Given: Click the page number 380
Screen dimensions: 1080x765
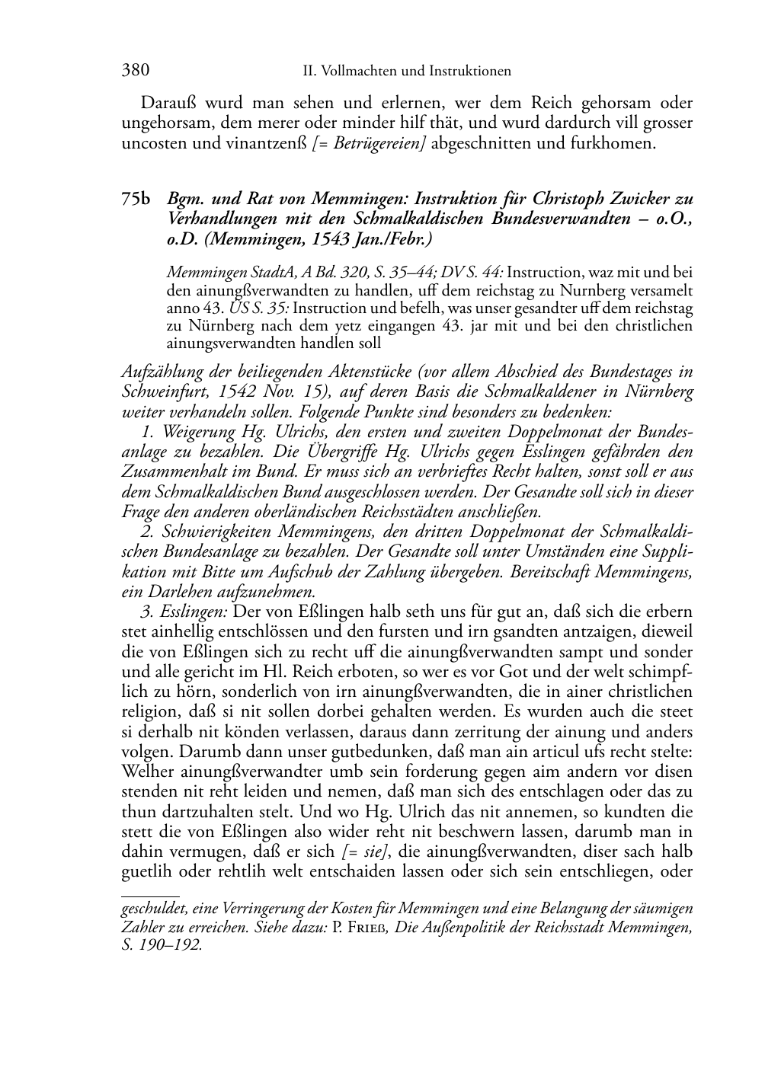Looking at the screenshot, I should (x=135, y=71).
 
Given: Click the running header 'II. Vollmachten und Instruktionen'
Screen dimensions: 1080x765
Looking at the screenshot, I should (x=406, y=72).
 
